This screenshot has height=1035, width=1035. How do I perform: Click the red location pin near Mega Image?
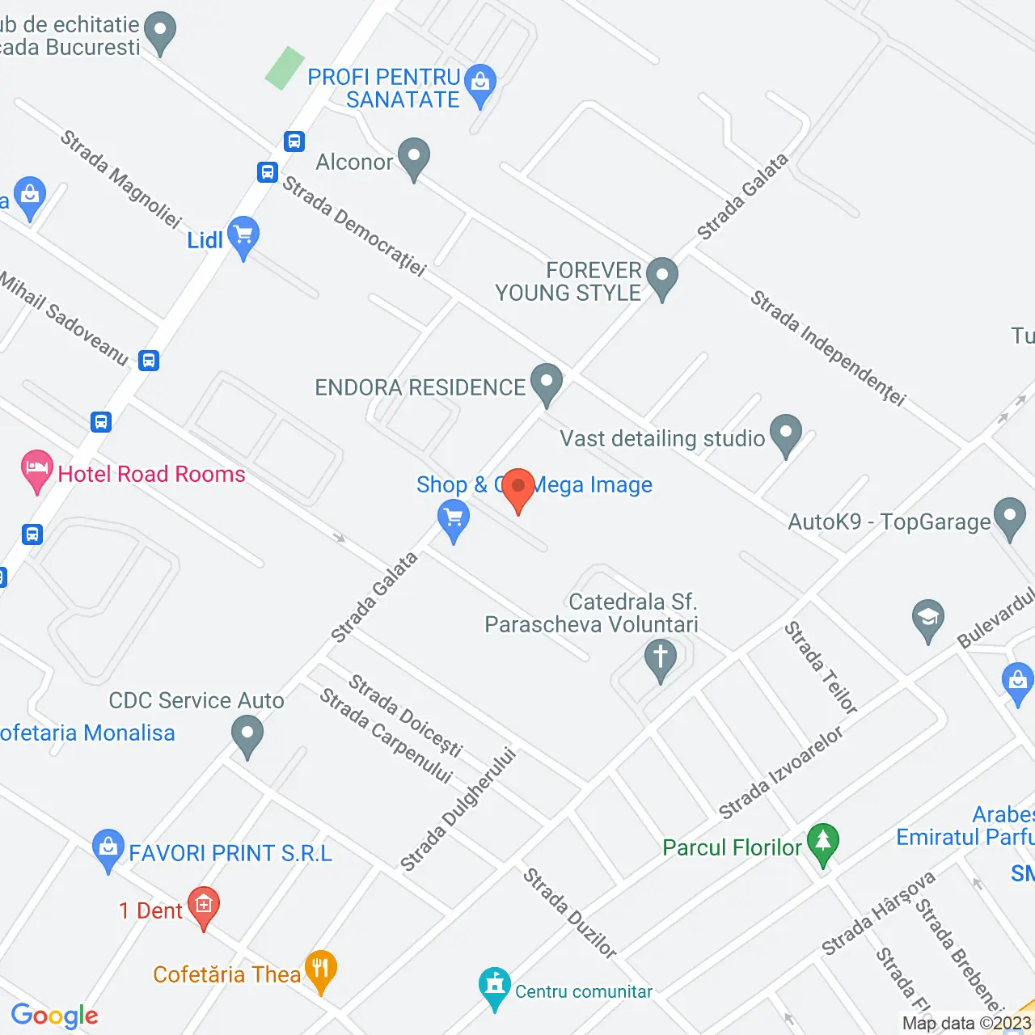(x=518, y=488)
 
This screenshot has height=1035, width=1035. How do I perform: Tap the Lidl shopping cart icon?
(x=243, y=236)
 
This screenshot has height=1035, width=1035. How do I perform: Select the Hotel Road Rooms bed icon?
(x=36, y=470)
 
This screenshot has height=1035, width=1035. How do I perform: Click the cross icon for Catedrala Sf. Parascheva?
(x=660, y=658)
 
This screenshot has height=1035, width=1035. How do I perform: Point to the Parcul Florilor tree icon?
(x=823, y=843)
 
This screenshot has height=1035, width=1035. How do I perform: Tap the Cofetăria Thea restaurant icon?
(x=321, y=970)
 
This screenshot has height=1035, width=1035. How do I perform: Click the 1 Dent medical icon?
(x=203, y=906)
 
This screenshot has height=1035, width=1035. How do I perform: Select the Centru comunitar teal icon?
(x=494, y=986)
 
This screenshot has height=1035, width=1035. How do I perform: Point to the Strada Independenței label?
(x=828, y=348)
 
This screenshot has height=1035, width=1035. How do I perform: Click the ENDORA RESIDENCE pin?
(x=547, y=382)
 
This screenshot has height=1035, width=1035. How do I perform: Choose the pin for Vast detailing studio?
(x=785, y=433)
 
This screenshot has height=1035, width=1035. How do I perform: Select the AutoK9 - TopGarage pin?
(x=1009, y=517)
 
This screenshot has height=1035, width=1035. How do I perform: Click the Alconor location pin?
(x=414, y=158)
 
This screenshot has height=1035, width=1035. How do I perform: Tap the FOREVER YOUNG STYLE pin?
(x=662, y=277)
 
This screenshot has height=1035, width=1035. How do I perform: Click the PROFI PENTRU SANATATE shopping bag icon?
(x=481, y=83)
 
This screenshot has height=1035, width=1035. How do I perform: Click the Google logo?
(x=55, y=1016)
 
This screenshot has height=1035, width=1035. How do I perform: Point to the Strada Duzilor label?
(x=569, y=913)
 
